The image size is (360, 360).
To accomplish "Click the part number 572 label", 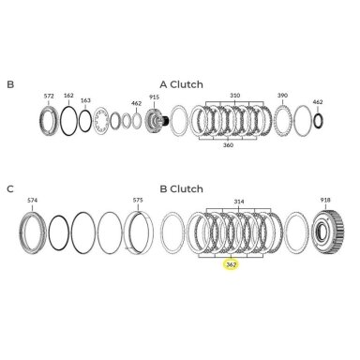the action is pyautogui.click(x=49, y=97).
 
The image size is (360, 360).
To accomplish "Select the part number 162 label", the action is pyautogui.click(x=68, y=96).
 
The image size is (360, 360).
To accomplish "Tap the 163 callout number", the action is pyautogui.click(x=85, y=100).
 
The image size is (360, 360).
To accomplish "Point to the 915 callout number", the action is pyautogui.click(x=154, y=97).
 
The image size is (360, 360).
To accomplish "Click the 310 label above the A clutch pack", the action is pyautogui.click(x=234, y=96).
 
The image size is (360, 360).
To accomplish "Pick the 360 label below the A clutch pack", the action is pyautogui.click(x=228, y=145).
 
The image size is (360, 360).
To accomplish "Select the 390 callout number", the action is pyautogui.click(x=282, y=96).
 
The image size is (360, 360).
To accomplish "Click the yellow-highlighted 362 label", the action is pyautogui.click(x=231, y=265).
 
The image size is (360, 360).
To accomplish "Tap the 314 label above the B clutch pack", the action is pyautogui.click(x=239, y=202).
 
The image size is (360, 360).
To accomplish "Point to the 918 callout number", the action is pyautogui.click(x=325, y=200).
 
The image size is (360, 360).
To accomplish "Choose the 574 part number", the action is pyautogui.click(x=32, y=200).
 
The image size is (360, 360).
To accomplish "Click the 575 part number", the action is pyautogui.click(x=138, y=200).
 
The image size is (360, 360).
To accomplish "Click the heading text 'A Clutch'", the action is pyautogui.click(x=181, y=84).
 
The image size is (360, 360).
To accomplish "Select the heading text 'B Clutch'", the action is pyautogui.click(x=181, y=189).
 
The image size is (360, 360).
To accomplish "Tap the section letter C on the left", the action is pyautogui.click(x=10, y=189).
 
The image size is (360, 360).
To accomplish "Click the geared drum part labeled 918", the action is pyautogui.click(x=328, y=232).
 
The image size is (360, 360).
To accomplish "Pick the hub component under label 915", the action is pyautogui.click(x=157, y=120).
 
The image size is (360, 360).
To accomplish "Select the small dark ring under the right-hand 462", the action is pyautogui.click(x=318, y=121).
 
